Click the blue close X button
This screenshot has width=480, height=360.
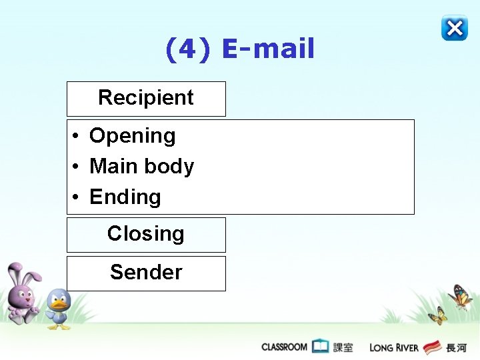454,28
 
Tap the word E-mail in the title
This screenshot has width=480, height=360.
268,49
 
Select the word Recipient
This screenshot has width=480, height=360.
146,98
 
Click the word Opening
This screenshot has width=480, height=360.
132,136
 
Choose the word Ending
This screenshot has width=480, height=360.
125,197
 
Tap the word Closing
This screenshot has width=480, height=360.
146,234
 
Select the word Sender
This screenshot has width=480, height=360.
146,272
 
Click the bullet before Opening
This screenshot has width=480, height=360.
77,137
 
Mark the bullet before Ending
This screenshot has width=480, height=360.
77,198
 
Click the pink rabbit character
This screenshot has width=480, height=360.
22,293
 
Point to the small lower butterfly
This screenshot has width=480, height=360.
438,315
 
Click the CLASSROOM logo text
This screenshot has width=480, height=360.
284,347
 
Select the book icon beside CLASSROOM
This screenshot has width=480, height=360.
321,347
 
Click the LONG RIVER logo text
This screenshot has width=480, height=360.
394,347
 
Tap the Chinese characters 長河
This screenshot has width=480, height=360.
457,347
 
